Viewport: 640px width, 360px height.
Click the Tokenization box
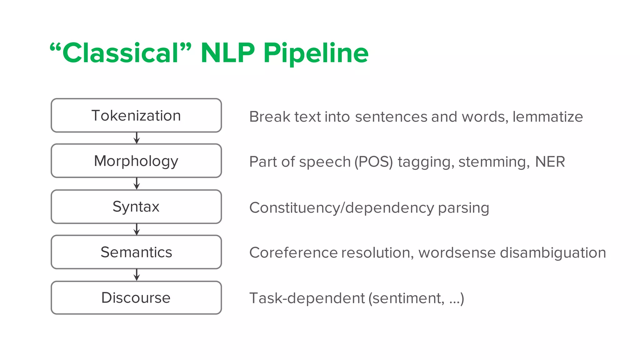(x=136, y=116)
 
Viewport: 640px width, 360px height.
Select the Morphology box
(x=136, y=161)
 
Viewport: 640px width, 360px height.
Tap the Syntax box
(x=136, y=207)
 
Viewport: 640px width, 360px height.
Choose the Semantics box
(x=136, y=252)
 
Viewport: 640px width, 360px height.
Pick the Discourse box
(x=136, y=297)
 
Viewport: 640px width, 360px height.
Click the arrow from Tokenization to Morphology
(x=137, y=138)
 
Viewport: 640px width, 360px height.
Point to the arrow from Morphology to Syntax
(x=137, y=184)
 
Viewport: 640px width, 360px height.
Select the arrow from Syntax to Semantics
(x=137, y=229)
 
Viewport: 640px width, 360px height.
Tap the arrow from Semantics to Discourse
(x=137, y=275)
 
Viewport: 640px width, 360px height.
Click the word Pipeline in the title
(x=316, y=53)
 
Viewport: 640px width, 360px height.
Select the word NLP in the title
(x=227, y=53)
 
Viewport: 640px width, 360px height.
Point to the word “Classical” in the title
(x=121, y=53)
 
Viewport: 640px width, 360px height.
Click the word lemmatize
(x=547, y=117)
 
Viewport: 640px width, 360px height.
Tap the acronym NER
(x=550, y=162)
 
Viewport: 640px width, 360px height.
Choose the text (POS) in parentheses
(x=373, y=162)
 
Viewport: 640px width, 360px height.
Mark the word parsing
(x=463, y=208)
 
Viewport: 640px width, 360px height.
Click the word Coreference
(x=293, y=252)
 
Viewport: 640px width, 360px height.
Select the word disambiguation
(x=553, y=252)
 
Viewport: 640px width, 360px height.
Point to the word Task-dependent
(x=307, y=298)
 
